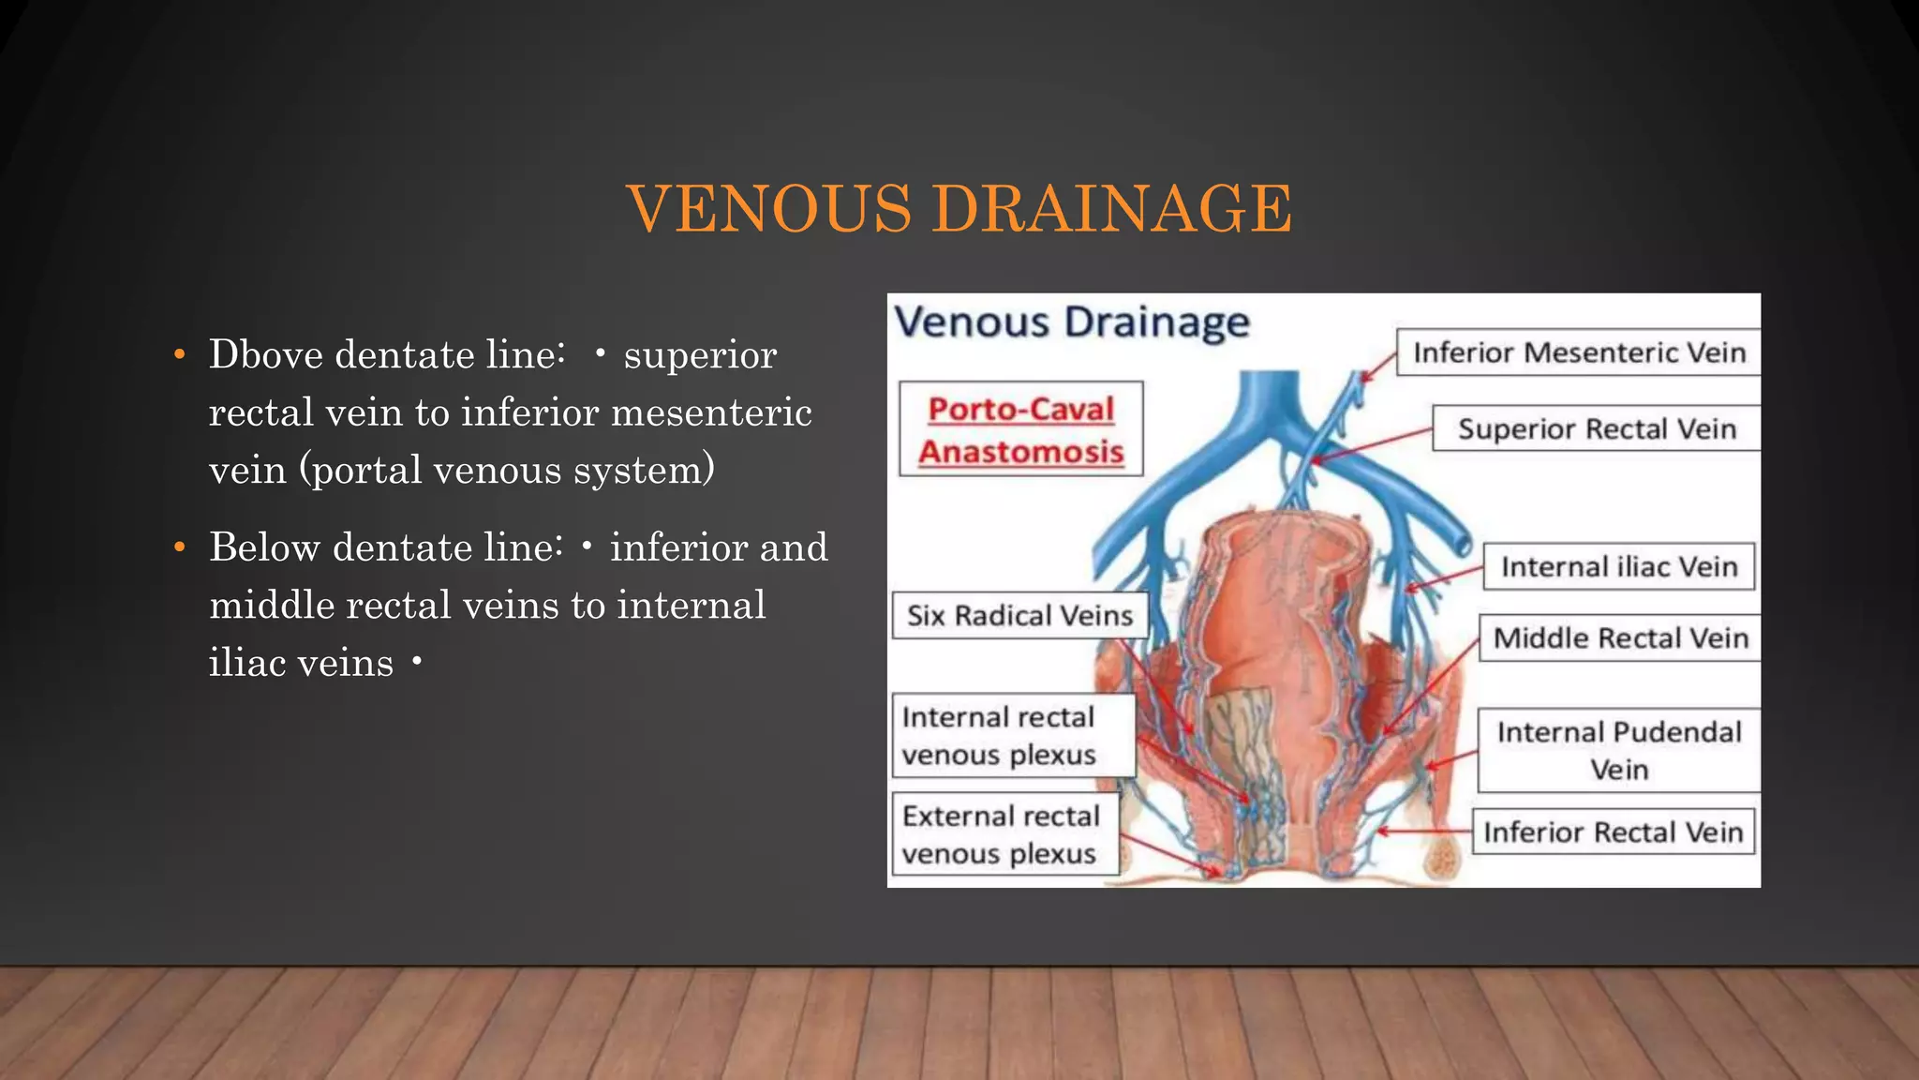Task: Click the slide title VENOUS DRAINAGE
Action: point(959,208)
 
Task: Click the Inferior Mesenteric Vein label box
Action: point(1578,352)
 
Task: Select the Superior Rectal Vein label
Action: point(1596,428)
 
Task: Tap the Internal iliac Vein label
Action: point(1618,566)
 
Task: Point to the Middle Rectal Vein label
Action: point(1620,638)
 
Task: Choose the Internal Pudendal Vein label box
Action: point(1618,750)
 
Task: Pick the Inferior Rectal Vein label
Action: point(1613,832)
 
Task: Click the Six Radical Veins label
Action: point(1019,615)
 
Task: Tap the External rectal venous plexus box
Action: point(1005,834)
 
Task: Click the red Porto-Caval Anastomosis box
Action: point(1020,429)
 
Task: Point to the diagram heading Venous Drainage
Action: point(1071,322)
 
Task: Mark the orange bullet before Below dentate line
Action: point(180,547)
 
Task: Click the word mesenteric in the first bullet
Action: point(711,412)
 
